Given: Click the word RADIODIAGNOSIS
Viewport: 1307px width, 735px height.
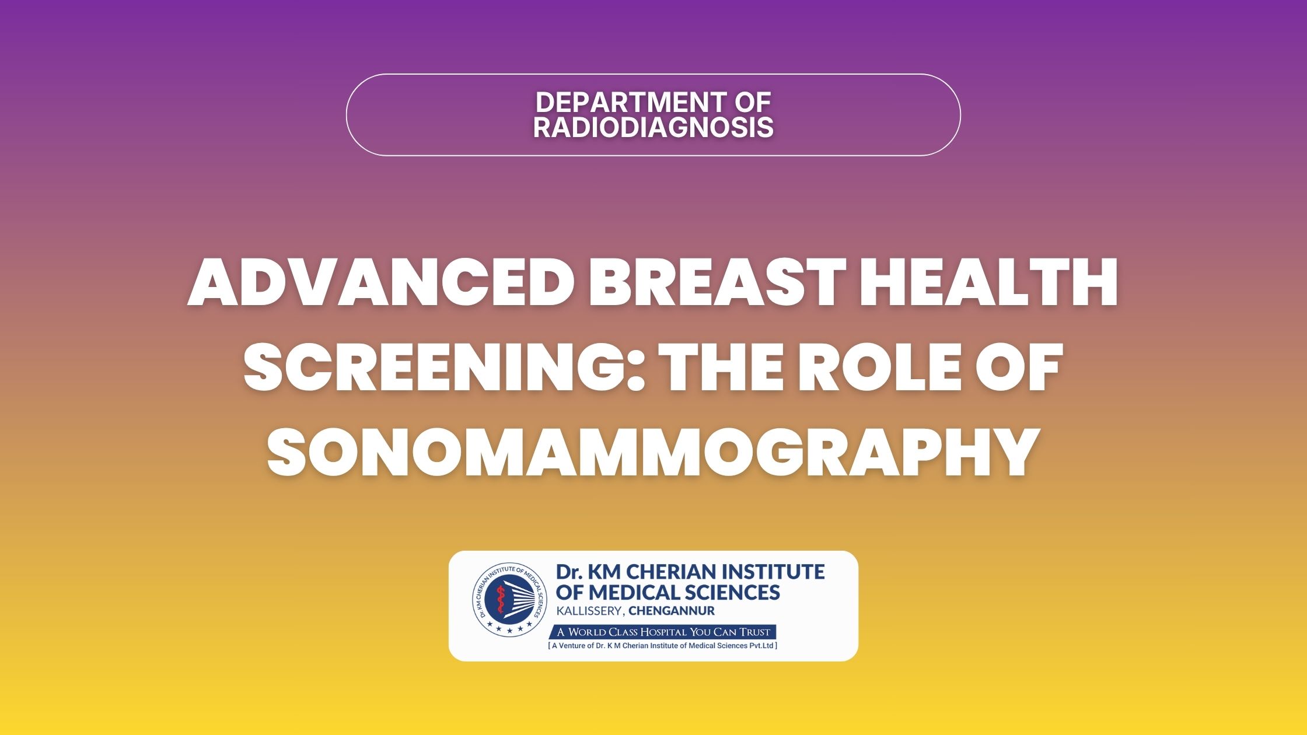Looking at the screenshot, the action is pos(653,128).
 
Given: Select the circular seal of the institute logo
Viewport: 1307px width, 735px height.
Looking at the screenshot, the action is pos(510,600).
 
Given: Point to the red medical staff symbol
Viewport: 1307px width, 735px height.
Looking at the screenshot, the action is pos(499,600).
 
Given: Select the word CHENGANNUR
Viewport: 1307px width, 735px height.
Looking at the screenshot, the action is pos(672,611).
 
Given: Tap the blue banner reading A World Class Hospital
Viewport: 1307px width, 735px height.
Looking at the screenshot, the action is pos(663,632).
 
